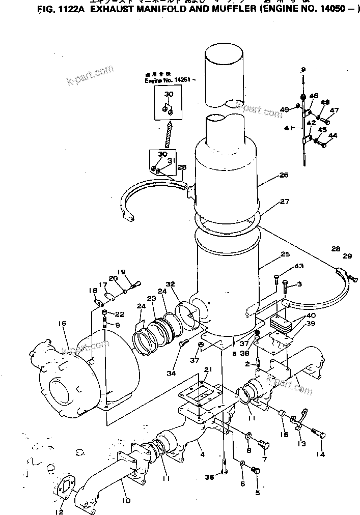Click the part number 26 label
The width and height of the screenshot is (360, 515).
pyautogui.click(x=284, y=175)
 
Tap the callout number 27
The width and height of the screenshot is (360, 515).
pyautogui.click(x=284, y=202)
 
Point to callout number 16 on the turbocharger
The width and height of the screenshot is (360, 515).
pyautogui.click(x=62, y=324)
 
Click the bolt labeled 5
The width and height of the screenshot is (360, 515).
pyautogui.click(x=256, y=473)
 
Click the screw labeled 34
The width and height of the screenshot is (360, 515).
pyautogui.click(x=184, y=345)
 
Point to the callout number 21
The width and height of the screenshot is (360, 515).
pyautogui.click(x=208, y=369)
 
